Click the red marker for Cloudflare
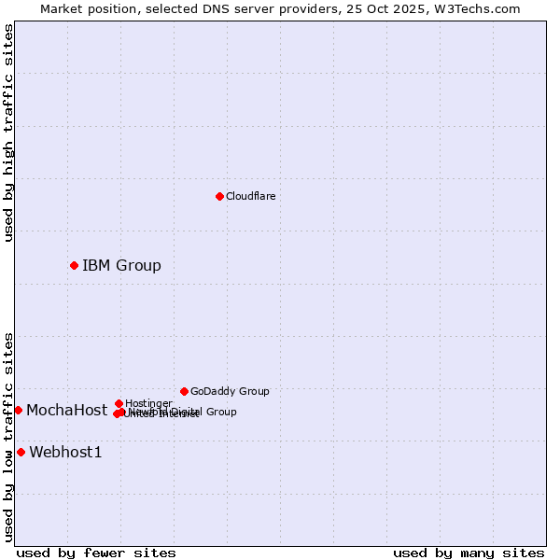(219, 196)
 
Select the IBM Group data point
(74, 265)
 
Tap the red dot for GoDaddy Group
(184, 391)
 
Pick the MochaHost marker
(18, 410)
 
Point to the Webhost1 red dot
(21, 452)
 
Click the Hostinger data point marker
(119, 403)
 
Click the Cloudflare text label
(250, 196)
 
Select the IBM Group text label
(121, 265)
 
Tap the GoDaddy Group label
(230, 391)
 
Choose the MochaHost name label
(66, 410)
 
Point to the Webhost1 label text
(65, 452)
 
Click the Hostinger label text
(148, 403)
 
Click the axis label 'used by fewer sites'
(96, 553)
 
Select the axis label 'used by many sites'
(469, 553)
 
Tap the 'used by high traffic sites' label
(8, 133)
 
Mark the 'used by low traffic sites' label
(8, 437)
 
